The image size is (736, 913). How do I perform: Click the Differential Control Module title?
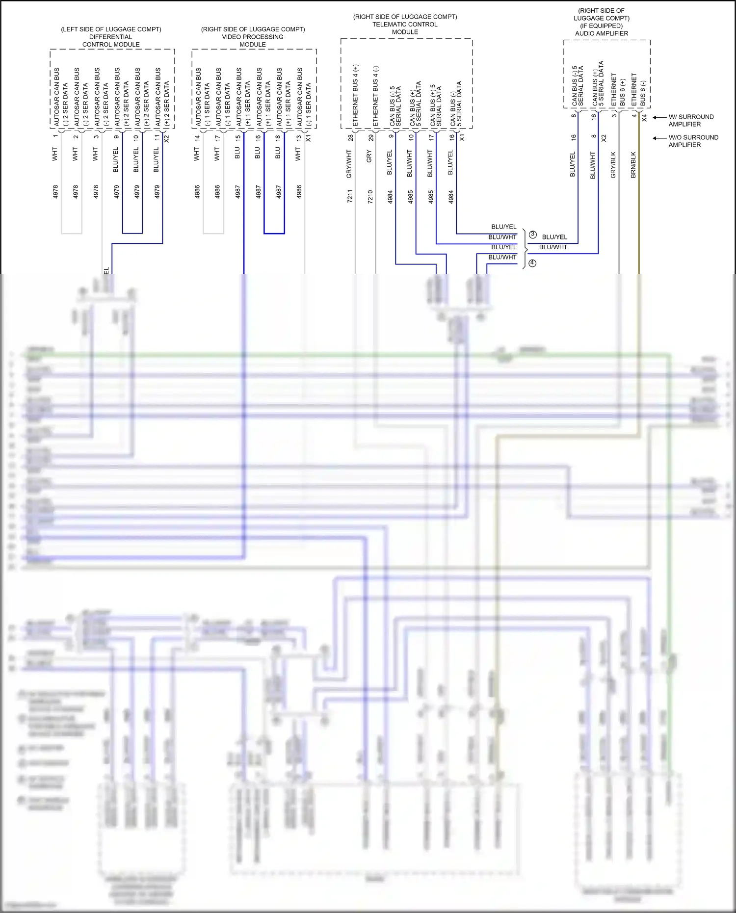click(x=111, y=37)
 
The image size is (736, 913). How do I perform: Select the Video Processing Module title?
click(x=253, y=37)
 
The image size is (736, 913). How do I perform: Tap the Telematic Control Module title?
click(x=405, y=24)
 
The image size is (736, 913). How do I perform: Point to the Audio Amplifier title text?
click(x=602, y=33)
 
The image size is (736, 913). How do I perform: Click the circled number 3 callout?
click(x=532, y=235)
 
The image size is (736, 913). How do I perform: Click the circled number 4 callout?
click(x=532, y=263)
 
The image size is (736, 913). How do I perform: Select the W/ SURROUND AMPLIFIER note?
click(x=691, y=120)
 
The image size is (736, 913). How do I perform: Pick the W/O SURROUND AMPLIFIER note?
click(x=693, y=141)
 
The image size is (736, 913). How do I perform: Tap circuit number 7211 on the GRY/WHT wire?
click(x=350, y=196)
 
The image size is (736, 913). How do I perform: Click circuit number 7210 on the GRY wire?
click(x=370, y=196)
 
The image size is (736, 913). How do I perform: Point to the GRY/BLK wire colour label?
click(x=613, y=165)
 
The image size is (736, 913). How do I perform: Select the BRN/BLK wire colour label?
click(x=633, y=164)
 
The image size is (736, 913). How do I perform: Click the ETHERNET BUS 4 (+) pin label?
click(x=356, y=95)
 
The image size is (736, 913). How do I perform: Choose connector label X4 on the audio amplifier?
click(x=644, y=118)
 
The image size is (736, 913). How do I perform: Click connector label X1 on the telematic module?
click(x=462, y=138)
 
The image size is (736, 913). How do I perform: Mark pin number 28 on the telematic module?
click(x=350, y=138)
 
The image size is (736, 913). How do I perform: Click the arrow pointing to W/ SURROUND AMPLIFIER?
click(x=659, y=117)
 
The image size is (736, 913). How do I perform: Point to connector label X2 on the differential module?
click(x=166, y=139)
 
